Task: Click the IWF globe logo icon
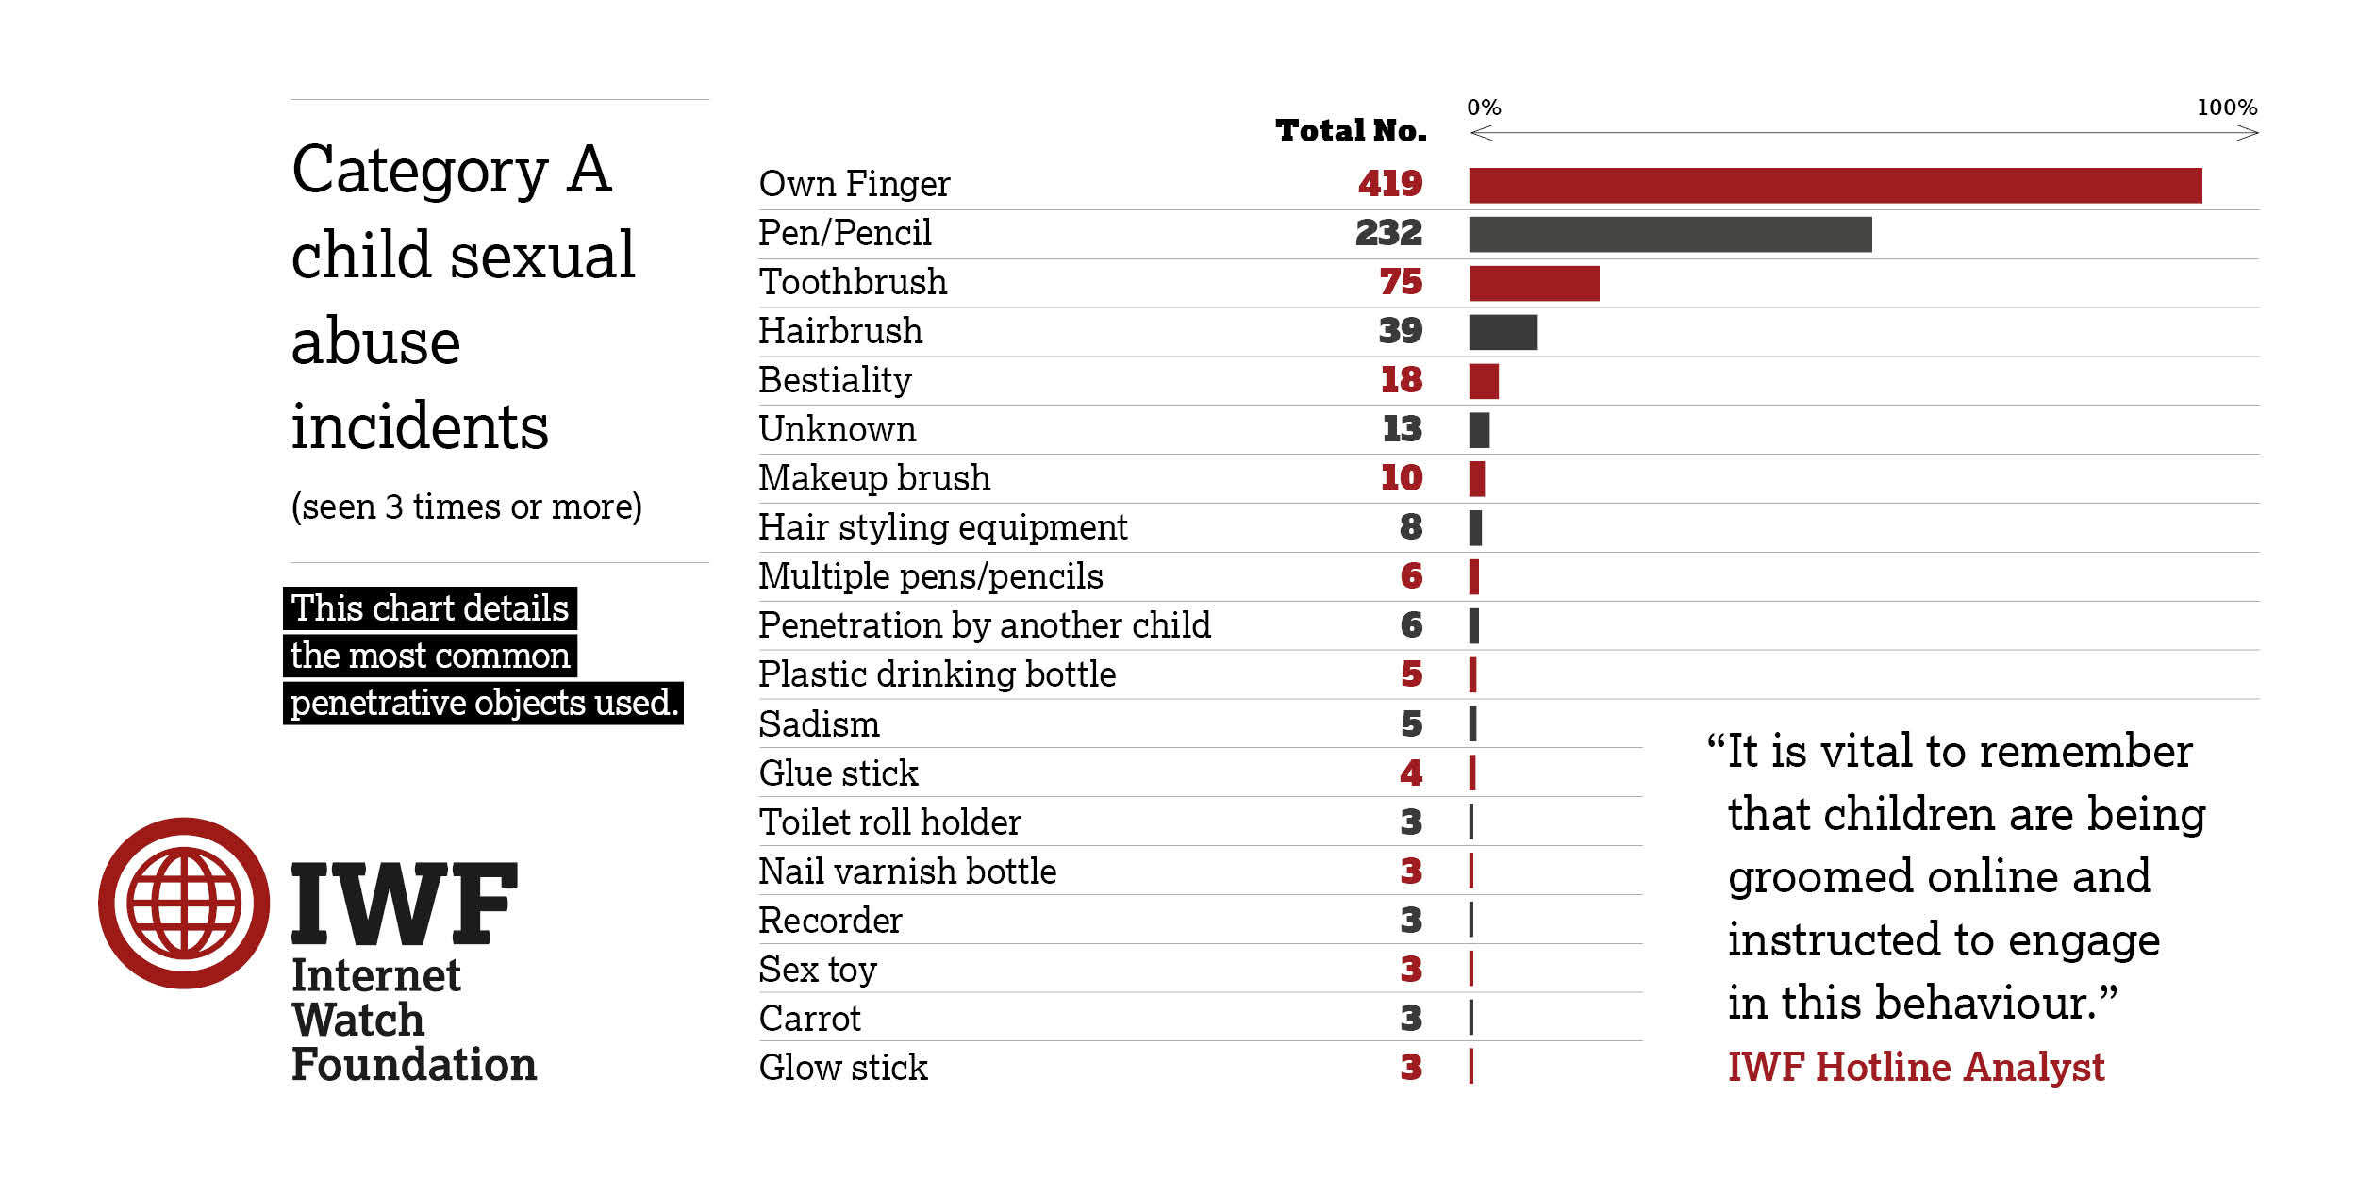point(184,903)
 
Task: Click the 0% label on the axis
point(1483,108)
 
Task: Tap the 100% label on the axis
point(2226,108)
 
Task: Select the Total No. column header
point(1350,130)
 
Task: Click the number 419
point(1389,183)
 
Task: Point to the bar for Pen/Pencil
point(1669,234)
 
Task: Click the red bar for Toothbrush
point(1534,283)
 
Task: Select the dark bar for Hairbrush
point(1503,332)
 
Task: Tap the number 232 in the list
point(1387,232)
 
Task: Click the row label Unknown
point(837,429)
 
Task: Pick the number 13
point(1402,429)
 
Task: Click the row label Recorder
point(830,921)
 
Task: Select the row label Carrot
point(809,1019)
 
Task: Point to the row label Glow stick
point(842,1068)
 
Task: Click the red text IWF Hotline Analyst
point(1915,1067)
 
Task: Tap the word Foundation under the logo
point(413,1064)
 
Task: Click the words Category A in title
point(452,170)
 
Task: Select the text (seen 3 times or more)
point(466,506)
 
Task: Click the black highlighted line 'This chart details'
point(429,608)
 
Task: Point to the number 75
point(1400,282)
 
